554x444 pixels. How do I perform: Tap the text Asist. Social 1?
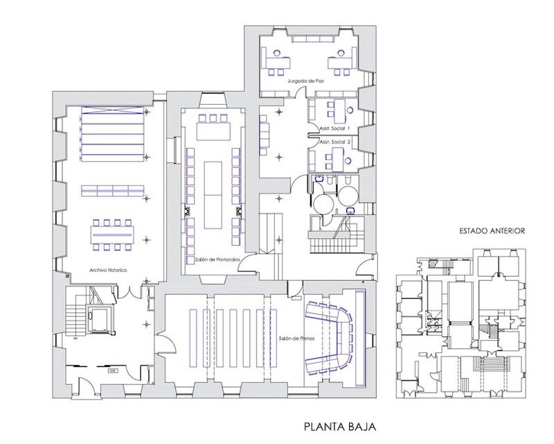(334, 129)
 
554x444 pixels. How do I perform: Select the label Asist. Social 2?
(334, 142)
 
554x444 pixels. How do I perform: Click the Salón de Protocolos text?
(213, 258)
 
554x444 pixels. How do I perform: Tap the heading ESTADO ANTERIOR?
(492, 231)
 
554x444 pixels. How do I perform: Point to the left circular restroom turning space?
(323, 203)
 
